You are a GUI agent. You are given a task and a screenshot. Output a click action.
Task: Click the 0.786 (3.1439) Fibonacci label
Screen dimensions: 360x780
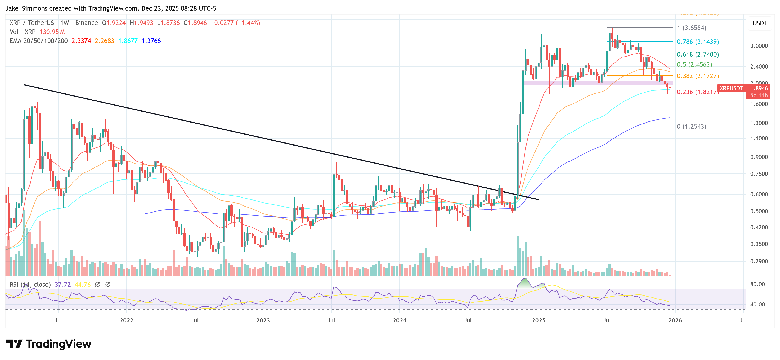(698, 42)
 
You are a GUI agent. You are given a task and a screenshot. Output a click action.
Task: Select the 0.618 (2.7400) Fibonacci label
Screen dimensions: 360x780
(698, 55)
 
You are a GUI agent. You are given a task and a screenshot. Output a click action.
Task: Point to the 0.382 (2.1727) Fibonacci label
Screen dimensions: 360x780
(698, 76)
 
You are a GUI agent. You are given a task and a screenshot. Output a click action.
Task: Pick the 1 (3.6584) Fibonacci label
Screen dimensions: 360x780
(692, 28)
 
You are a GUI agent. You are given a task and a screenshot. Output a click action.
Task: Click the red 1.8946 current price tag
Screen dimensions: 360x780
(759, 88)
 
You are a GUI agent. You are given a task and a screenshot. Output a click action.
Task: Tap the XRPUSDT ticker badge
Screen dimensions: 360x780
(731, 88)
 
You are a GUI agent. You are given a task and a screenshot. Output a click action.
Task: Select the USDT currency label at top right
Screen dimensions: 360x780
(760, 23)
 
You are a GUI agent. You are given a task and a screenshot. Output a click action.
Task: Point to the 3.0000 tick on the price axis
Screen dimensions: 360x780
(759, 46)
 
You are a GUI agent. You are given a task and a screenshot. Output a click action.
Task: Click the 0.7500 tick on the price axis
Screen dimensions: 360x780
(759, 174)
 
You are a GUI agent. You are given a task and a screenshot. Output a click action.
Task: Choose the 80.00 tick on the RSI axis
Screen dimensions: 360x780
(757, 284)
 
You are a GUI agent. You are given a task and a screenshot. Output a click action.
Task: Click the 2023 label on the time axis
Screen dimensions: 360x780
(263, 320)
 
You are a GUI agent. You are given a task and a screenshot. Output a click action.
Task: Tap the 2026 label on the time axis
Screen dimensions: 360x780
(675, 320)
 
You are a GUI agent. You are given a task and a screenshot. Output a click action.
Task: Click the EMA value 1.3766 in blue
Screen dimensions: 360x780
(151, 41)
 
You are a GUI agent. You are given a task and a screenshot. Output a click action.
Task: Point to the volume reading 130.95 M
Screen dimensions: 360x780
(52, 32)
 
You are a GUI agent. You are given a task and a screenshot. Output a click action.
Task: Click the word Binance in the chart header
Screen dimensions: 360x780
(87, 23)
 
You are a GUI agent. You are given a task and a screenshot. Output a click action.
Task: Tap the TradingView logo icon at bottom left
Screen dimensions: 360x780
(14, 344)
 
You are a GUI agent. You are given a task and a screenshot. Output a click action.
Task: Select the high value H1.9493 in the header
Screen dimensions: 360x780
(141, 23)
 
